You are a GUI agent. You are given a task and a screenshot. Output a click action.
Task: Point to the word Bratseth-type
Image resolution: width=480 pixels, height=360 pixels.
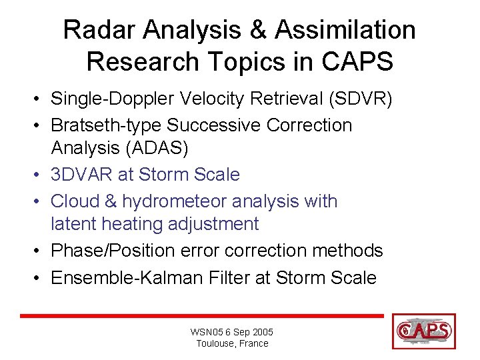pos(107,125)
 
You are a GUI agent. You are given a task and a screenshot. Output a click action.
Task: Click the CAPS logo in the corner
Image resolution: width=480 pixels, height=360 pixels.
pos(424,330)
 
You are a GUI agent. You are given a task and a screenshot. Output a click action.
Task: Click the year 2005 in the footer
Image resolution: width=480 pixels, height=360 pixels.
pos(262,332)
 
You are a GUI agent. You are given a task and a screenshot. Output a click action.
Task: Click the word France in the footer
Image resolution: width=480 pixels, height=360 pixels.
pos(253,344)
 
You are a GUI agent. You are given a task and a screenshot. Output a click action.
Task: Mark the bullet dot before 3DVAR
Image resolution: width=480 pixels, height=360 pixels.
pos(41,175)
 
